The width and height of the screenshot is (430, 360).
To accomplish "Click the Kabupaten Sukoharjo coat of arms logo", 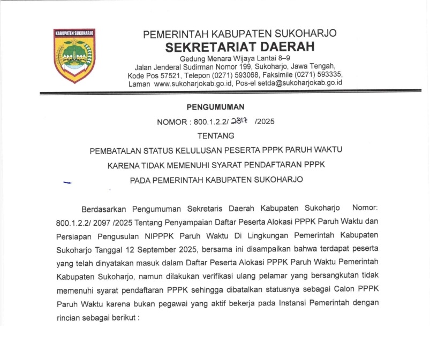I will click(x=74, y=55).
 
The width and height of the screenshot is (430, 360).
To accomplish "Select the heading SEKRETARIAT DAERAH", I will click(x=239, y=47).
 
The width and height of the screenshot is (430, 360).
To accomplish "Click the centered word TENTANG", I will click(x=216, y=136).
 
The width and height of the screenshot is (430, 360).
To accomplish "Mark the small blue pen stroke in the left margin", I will click(x=67, y=182).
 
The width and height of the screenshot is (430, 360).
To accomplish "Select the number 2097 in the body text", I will click(x=120, y=221).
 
